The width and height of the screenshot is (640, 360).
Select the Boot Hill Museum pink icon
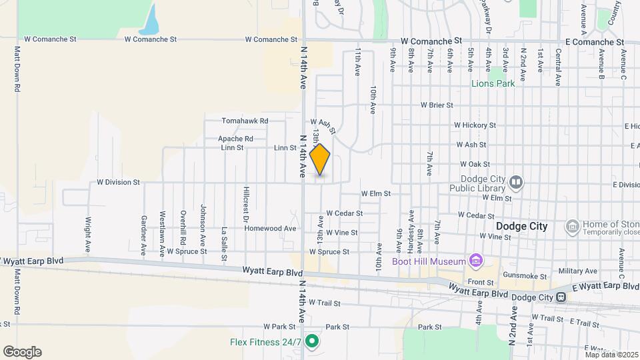point(475,261)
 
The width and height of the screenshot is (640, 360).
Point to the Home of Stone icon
point(572,227)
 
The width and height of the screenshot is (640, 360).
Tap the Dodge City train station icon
point(563,297)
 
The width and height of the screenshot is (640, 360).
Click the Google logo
point(22,351)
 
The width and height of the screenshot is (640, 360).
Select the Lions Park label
point(493,83)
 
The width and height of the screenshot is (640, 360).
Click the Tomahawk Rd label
point(245,121)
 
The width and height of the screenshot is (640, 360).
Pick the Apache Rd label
point(235,139)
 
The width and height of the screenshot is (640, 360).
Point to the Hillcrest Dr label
point(246,204)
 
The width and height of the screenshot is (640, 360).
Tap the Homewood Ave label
point(270,228)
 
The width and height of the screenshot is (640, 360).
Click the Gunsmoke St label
point(525,275)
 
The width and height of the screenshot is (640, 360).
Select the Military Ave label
point(578,270)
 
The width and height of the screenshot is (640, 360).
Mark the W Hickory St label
point(475,125)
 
